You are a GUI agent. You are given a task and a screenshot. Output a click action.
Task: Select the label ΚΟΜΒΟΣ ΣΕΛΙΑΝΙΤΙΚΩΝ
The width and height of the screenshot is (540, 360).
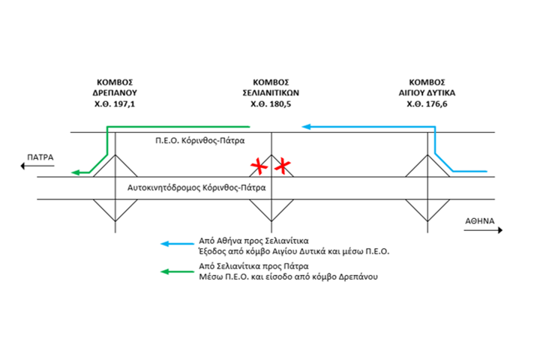click(271, 88)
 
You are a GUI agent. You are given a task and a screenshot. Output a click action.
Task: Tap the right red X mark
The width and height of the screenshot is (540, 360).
click(282, 166)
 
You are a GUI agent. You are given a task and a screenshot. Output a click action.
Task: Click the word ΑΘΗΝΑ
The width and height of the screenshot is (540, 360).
click(480, 222)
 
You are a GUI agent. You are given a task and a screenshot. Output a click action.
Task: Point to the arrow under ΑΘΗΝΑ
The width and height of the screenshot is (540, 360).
click(481, 232)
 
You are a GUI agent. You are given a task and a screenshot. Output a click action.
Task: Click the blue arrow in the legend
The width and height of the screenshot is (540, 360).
click(177, 244)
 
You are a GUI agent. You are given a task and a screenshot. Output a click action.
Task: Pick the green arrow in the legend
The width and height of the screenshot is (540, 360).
click(177, 271)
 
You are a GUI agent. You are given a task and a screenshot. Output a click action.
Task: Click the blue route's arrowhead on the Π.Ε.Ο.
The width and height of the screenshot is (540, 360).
click(307, 127)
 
